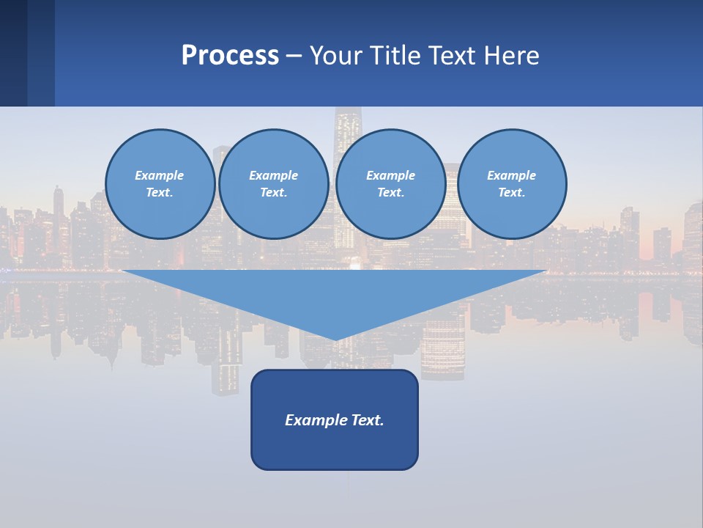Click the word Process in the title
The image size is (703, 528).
point(230,56)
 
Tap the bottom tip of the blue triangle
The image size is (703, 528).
point(335,338)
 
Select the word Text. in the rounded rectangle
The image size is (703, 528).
point(368,420)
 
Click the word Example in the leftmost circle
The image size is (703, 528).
point(160,175)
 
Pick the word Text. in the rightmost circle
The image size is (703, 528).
point(512,192)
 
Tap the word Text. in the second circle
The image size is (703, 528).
point(274,192)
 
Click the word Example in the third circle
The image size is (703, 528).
point(391,175)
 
